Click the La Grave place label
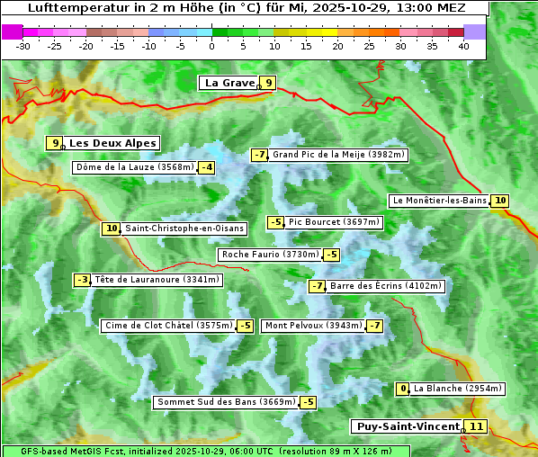pos(229,83)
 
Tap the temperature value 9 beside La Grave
pos(268,83)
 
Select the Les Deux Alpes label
pos(113,143)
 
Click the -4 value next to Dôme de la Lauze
pos(207,167)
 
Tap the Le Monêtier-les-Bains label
pos(439,201)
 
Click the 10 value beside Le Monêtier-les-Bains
pos(500,201)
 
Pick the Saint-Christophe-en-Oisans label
pos(184,228)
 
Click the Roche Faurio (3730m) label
pos(271,255)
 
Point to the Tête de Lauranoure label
pos(157,280)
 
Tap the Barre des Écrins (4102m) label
pos(386,286)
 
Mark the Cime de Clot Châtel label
pos(168,326)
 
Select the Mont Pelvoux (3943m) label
pos(313,326)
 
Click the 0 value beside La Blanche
pos(403,389)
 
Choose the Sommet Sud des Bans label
pos(225,402)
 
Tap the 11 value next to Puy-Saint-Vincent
pos(476,426)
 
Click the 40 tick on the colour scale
pos(463,45)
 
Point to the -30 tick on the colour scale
pos(23,45)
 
